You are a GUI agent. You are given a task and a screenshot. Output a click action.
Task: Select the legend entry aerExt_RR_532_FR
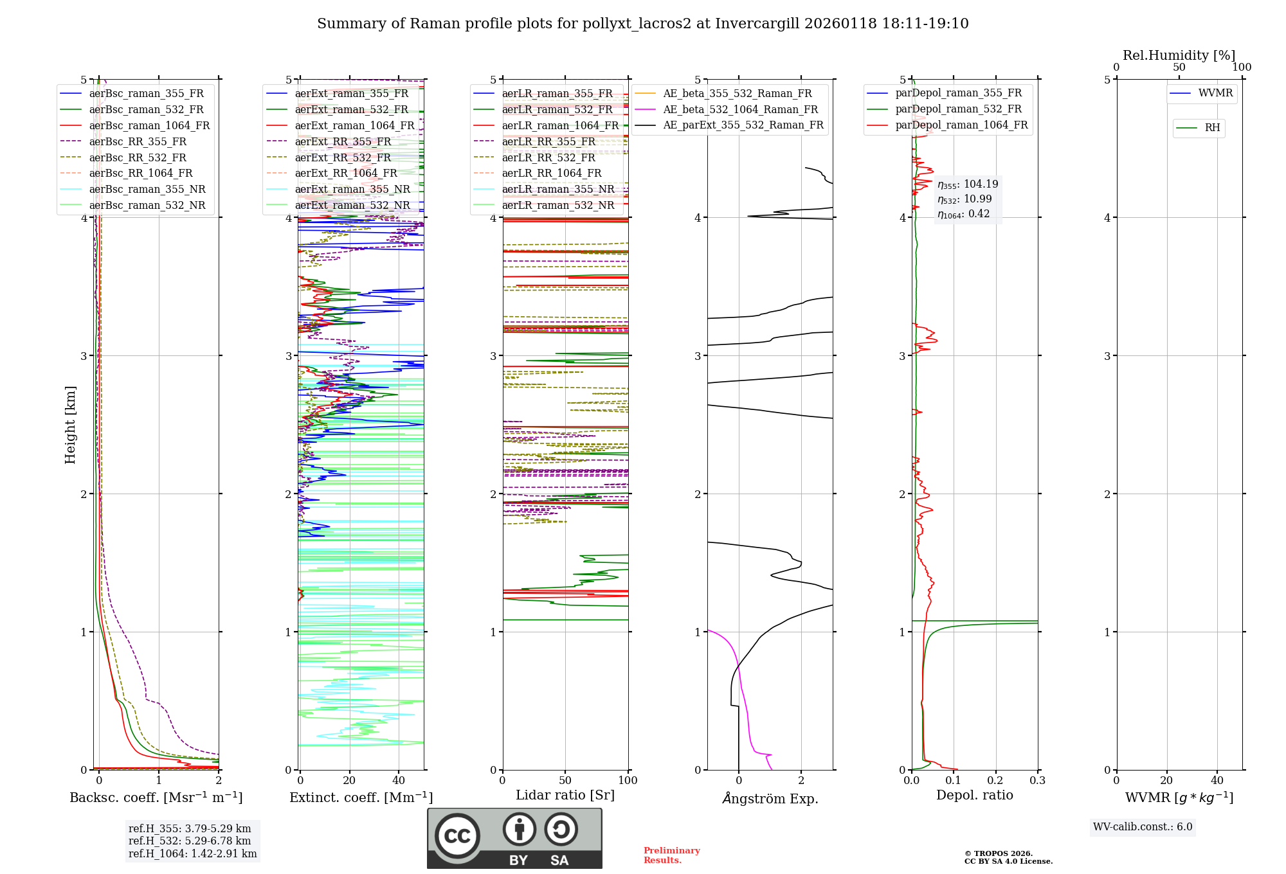click(x=343, y=157)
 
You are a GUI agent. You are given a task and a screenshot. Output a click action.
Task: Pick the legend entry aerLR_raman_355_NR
click(x=557, y=189)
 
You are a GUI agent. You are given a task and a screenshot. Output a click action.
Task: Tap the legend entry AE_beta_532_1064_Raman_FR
click(x=740, y=109)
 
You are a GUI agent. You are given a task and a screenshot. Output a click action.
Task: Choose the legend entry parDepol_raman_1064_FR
click(x=961, y=125)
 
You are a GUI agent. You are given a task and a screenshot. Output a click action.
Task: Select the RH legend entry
click(x=1212, y=128)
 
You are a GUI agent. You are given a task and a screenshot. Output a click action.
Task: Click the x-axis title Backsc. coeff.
click(x=156, y=798)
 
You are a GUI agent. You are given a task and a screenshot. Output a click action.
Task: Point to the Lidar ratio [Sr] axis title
click(x=565, y=795)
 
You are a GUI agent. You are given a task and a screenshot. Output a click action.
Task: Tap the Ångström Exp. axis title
click(x=770, y=798)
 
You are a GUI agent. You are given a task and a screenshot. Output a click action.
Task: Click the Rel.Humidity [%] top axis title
click(x=1179, y=55)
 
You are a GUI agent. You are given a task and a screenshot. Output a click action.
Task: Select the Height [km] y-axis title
click(x=70, y=424)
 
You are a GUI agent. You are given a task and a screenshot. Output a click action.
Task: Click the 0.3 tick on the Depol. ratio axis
click(x=1037, y=781)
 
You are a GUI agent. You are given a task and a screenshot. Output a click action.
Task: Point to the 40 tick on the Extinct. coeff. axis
click(x=399, y=781)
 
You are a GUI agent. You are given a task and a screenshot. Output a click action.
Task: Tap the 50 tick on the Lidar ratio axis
click(x=565, y=781)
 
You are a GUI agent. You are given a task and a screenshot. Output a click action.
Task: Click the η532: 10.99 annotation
click(x=964, y=199)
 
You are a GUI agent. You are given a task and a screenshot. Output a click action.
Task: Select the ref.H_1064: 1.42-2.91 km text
click(x=192, y=853)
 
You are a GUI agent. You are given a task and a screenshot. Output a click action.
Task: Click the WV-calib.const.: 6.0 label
click(x=1143, y=827)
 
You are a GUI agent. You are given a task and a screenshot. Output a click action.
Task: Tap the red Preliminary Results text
click(x=671, y=855)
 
